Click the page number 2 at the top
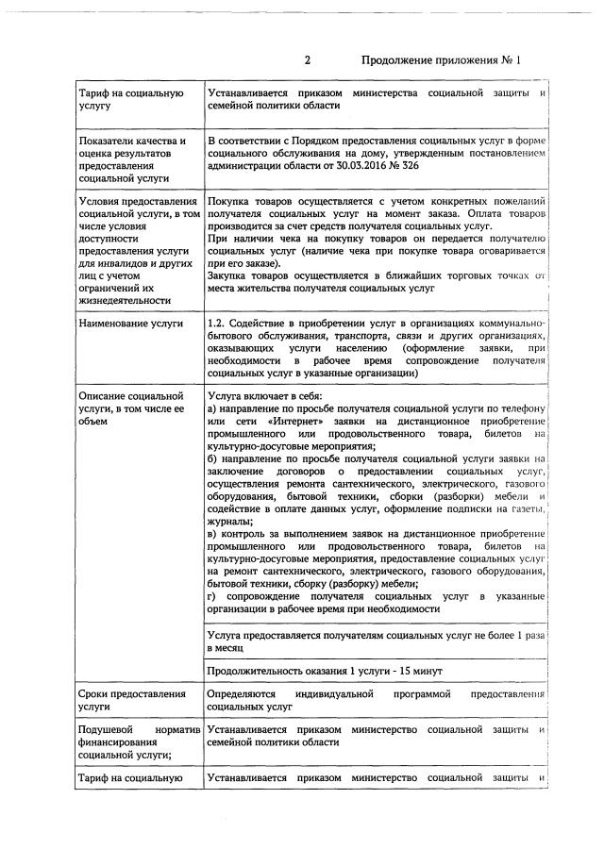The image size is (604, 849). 308,61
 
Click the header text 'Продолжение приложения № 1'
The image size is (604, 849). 441,61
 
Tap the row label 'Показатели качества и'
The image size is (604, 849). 129,141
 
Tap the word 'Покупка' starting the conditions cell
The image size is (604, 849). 229,202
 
